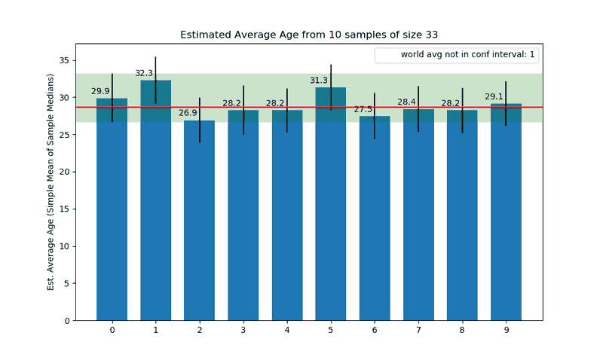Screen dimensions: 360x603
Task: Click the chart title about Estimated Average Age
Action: click(x=309, y=35)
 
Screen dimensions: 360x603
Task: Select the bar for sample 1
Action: click(x=155, y=203)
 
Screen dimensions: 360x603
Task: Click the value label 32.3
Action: click(x=144, y=73)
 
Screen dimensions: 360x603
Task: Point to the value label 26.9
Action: click(x=188, y=113)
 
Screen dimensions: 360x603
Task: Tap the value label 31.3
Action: click(x=319, y=81)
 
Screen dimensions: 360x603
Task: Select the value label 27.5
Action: click(x=363, y=109)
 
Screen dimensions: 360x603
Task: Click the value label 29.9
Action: click(x=100, y=91)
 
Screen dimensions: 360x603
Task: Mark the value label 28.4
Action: click(x=406, y=102)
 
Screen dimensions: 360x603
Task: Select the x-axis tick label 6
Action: click(x=375, y=330)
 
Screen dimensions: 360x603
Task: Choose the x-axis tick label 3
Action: click(x=243, y=330)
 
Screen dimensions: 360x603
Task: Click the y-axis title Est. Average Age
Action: click(x=51, y=182)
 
